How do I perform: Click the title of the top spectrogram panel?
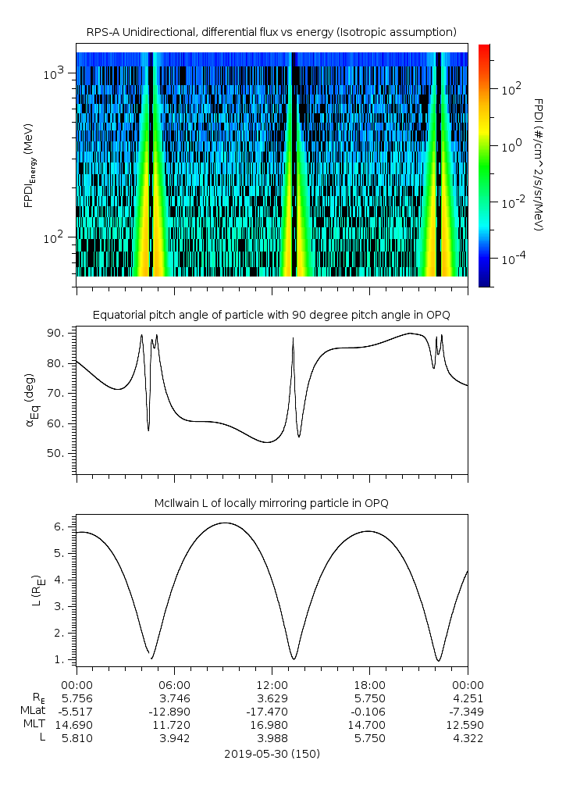click(272, 32)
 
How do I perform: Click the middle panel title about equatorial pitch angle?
click(272, 315)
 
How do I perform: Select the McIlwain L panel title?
click(272, 502)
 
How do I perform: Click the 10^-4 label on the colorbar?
click(511, 259)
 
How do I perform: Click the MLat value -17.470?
click(272, 710)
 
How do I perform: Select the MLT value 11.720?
click(174, 724)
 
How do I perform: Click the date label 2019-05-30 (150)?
click(272, 754)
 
